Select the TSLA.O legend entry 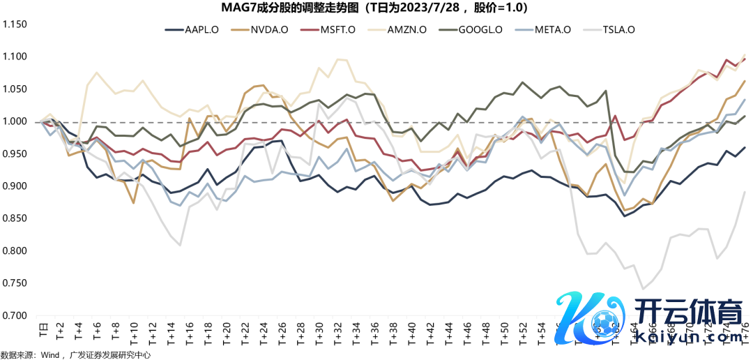(x=618, y=30)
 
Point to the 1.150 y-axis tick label (x=15, y=24)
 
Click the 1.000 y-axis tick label (x=15, y=121)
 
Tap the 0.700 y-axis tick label (x=15, y=315)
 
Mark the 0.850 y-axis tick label (x=15, y=218)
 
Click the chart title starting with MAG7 (x=376, y=8)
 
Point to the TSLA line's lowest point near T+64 (x=643, y=288)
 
